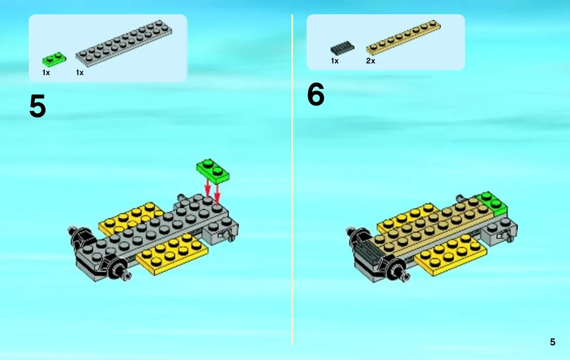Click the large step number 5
(x=38, y=106)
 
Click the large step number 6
(x=315, y=94)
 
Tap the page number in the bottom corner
(x=552, y=342)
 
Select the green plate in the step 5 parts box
(x=54, y=60)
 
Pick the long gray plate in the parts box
(x=124, y=43)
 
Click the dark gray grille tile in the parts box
(x=342, y=48)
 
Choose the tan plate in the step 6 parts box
(x=403, y=38)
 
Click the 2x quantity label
(x=371, y=61)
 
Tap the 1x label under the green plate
(x=46, y=73)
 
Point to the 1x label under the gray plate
(x=79, y=73)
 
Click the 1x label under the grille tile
(x=335, y=61)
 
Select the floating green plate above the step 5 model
(x=213, y=171)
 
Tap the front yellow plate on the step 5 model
(x=172, y=254)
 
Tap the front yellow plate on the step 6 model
(x=451, y=255)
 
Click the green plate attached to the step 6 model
(x=493, y=204)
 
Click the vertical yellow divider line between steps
(x=292, y=180)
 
